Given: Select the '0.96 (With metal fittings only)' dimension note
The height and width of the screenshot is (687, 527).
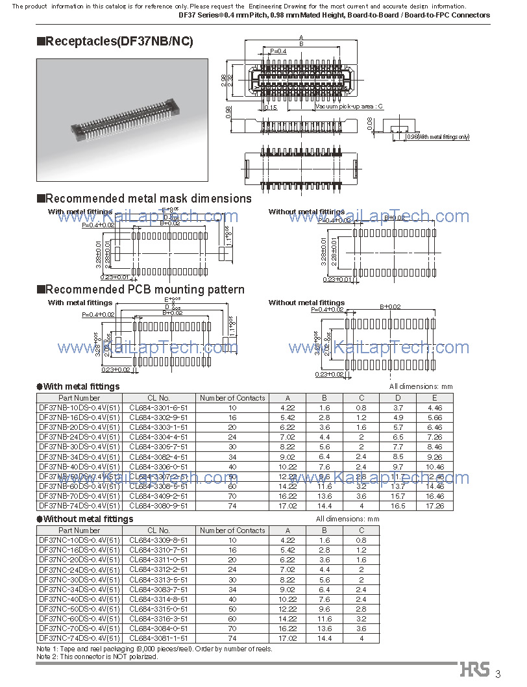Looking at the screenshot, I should click(x=437, y=137).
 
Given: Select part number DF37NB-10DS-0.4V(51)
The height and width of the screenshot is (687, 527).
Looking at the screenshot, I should click(x=79, y=408).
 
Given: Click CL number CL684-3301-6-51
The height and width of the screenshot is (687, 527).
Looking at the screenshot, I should click(x=158, y=408).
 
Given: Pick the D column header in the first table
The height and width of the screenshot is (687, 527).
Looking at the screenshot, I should click(x=398, y=398).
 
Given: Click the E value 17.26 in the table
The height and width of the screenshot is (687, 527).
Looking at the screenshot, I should click(x=435, y=505).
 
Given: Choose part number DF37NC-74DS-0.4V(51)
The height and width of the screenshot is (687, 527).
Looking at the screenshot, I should click(x=79, y=638).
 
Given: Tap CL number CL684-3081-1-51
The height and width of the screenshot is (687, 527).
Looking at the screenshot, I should click(x=158, y=638).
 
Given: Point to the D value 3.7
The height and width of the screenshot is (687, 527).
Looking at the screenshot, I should click(x=398, y=408).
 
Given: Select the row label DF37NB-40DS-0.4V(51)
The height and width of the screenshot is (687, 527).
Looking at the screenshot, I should click(x=79, y=466).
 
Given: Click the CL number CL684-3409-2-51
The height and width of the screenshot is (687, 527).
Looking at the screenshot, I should click(x=158, y=495).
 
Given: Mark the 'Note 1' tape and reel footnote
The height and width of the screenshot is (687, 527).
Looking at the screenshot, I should click(x=154, y=649).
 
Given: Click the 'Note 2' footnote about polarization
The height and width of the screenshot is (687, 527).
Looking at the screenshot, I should click(x=97, y=656).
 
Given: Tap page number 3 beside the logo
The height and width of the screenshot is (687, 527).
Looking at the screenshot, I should click(x=498, y=673).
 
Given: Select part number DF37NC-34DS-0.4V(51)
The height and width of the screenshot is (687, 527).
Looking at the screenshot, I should click(x=79, y=590).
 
